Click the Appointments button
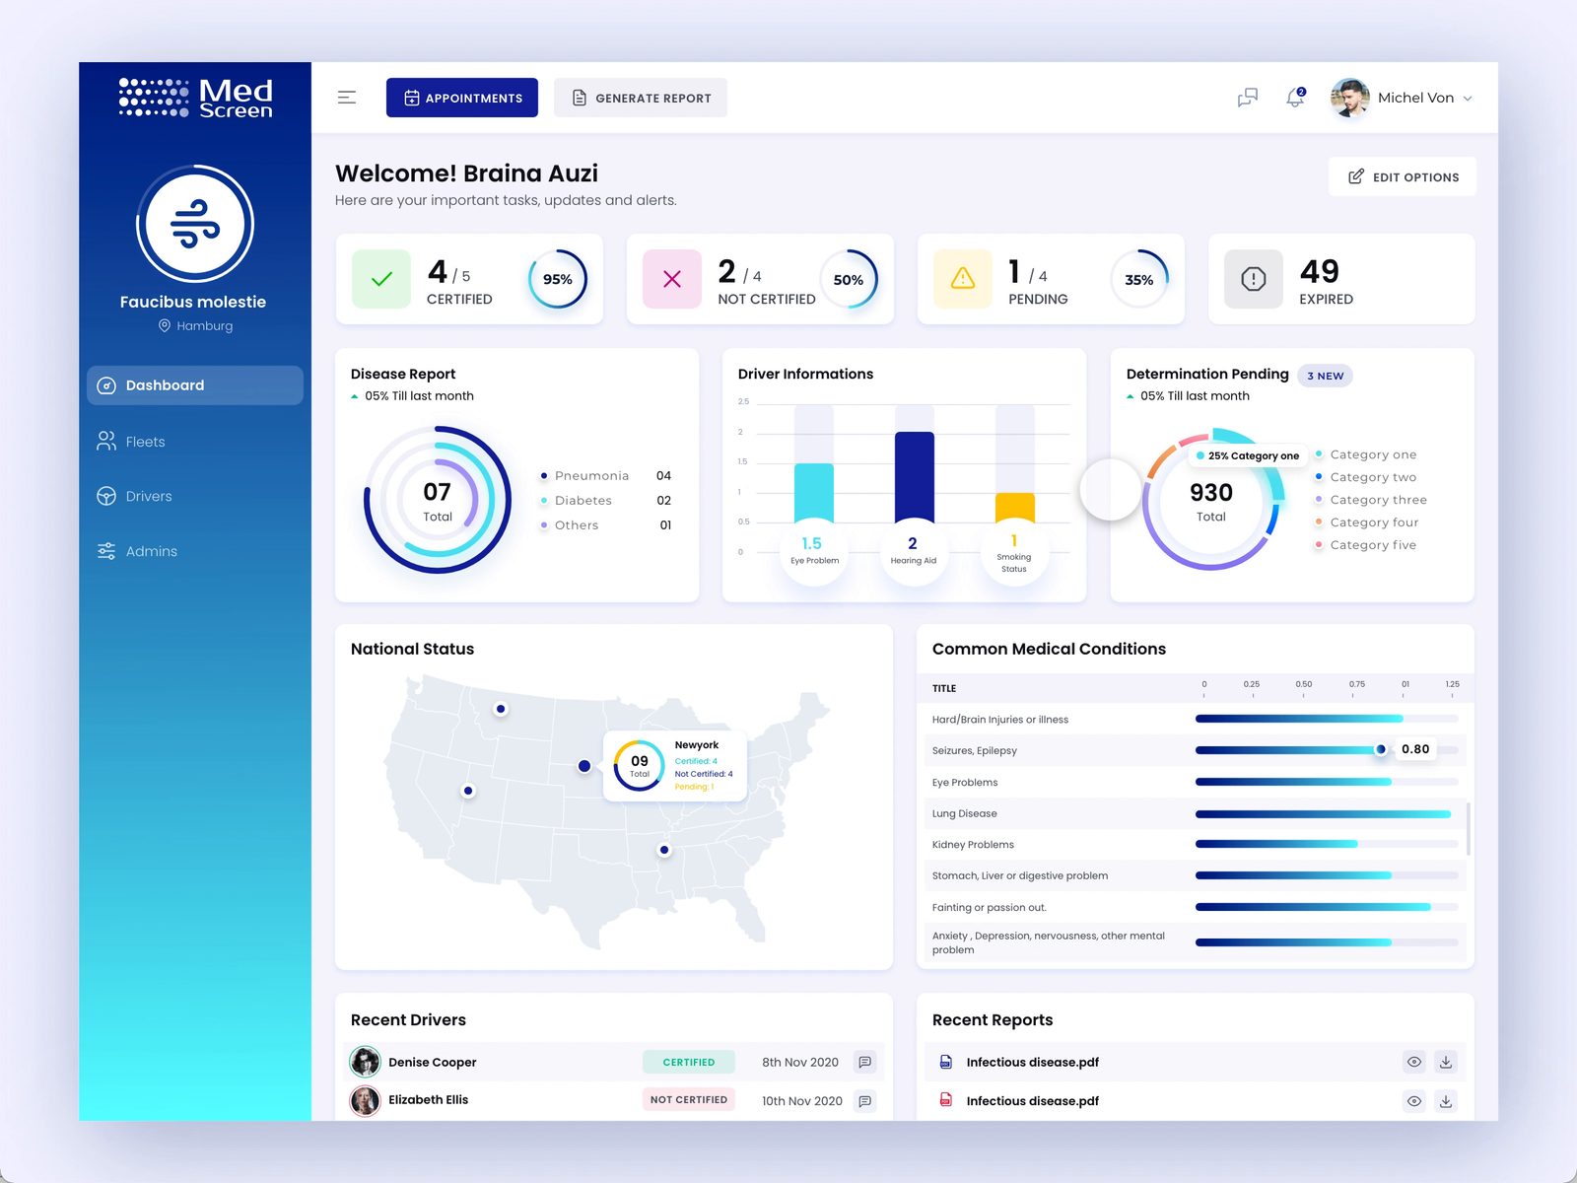[462, 98]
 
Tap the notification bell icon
[1295, 98]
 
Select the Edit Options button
[1403, 176]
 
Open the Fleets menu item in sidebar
[145, 442]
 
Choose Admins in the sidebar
[151, 551]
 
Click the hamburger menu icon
[347, 98]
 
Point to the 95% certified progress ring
[558, 279]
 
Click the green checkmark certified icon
[381, 279]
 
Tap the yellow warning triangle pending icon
[963, 279]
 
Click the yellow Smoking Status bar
[1014, 506]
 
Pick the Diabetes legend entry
[583, 501]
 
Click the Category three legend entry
[1378, 500]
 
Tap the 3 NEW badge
[1325, 376]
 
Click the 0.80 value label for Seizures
[1415, 749]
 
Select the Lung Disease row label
[965, 813]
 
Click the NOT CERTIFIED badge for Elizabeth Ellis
[689, 1099]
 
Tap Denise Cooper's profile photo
[366, 1062]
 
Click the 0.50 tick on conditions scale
[1304, 684]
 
